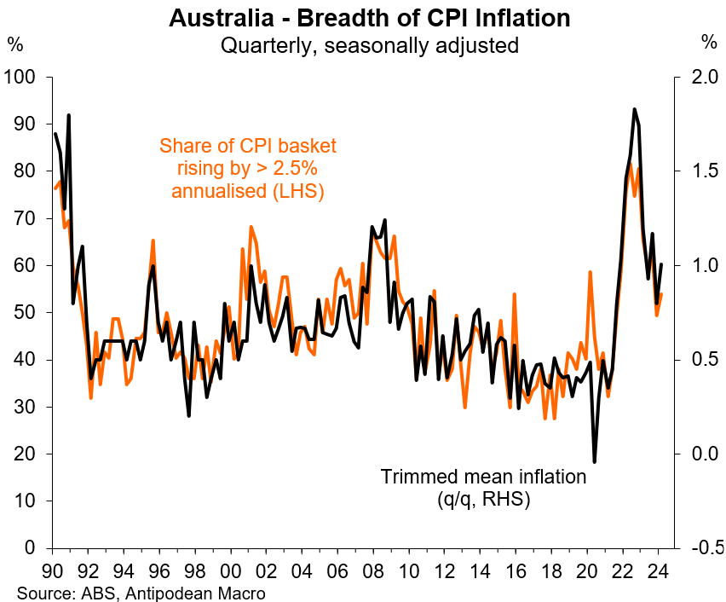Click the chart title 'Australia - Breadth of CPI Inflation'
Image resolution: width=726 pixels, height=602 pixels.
pos(369,17)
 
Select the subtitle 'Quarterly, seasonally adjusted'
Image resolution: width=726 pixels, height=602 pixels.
pos(369,44)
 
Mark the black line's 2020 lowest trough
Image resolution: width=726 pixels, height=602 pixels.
pos(594,462)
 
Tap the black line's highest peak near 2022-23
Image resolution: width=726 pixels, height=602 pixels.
pos(634,109)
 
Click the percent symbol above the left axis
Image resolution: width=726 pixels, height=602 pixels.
pos(16,41)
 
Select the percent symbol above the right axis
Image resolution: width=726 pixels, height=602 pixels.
pos(709,41)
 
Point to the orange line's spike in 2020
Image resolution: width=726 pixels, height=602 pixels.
pos(590,272)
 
